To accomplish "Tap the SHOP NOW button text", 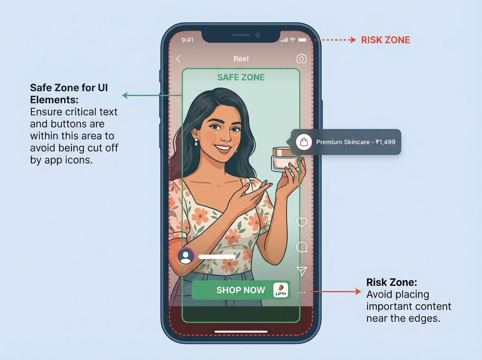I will click(241, 290).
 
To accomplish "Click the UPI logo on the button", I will click(281, 290).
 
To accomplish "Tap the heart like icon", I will click(302, 222).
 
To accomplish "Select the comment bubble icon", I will click(302, 247).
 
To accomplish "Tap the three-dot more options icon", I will click(302, 292).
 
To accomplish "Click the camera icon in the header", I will click(301, 59).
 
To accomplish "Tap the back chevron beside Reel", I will click(179, 59).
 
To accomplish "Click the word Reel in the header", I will click(241, 59).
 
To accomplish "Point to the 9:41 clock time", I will click(188, 40).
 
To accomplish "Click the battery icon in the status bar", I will click(302, 40).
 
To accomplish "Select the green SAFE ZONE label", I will click(241, 77).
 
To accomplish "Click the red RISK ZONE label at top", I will click(385, 40).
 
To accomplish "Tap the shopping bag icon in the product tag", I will click(304, 142).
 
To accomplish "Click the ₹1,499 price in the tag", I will click(386, 142).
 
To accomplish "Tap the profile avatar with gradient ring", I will click(186, 256).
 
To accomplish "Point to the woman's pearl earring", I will click(196, 142).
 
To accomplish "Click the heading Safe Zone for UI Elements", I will click(69, 93).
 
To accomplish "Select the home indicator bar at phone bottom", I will click(241, 332).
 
